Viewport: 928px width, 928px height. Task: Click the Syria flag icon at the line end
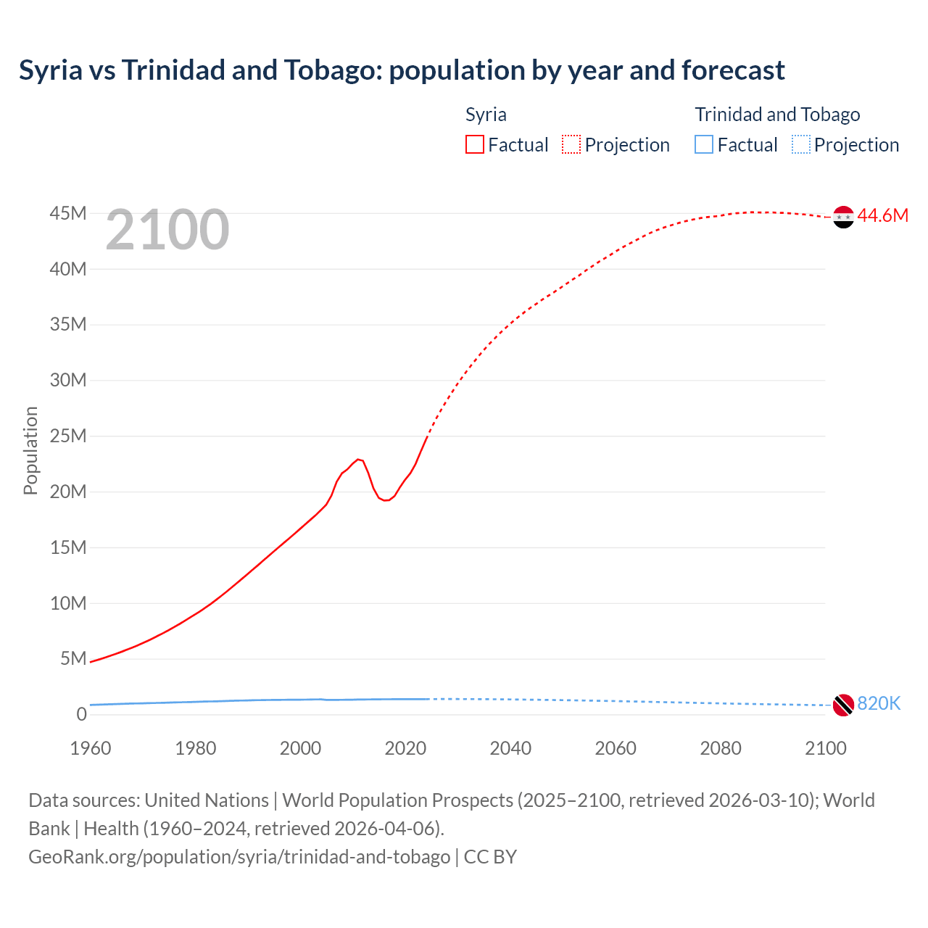(x=843, y=217)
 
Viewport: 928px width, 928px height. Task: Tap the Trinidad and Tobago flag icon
(x=843, y=705)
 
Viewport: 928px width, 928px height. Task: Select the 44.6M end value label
(x=882, y=215)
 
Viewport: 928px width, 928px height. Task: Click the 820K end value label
(x=879, y=703)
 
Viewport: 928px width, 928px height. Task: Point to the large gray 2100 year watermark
(x=167, y=230)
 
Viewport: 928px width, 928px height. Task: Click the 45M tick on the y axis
(x=68, y=213)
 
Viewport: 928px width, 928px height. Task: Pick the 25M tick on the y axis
(x=68, y=436)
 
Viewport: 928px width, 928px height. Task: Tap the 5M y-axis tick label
(x=73, y=658)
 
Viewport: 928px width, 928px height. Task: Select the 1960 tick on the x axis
(x=91, y=748)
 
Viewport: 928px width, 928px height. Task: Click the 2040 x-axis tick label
(x=510, y=748)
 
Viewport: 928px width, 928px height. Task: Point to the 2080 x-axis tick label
(x=721, y=748)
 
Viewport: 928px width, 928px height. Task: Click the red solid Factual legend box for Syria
(x=475, y=144)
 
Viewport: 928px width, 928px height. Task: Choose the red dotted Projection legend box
(x=571, y=144)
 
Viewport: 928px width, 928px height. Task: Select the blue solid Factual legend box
(x=704, y=144)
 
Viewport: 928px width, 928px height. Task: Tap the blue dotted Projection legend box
(x=800, y=144)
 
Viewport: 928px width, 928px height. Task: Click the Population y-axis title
(x=30, y=450)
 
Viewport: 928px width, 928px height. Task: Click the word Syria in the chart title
(x=51, y=70)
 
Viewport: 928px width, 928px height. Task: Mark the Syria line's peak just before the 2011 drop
(x=357, y=459)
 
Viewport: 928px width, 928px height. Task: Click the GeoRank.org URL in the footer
(x=239, y=857)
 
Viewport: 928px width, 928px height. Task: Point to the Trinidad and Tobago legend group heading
(x=777, y=115)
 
